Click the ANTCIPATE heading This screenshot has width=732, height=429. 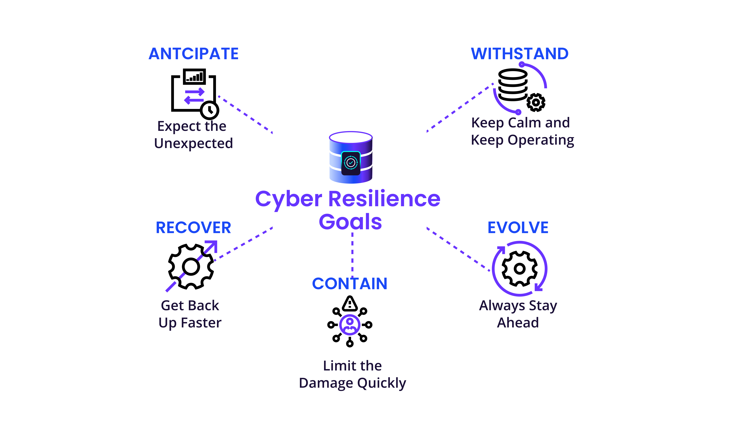[x=193, y=54]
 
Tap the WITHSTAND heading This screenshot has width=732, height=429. [x=520, y=54]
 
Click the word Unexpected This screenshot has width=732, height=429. [x=193, y=143]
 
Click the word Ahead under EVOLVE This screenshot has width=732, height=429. [x=518, y=323]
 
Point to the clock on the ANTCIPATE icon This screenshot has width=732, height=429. [x=209, y=110]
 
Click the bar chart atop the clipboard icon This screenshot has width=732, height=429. [x=194, y=76]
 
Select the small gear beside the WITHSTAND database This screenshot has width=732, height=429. [x=536, y=102]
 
